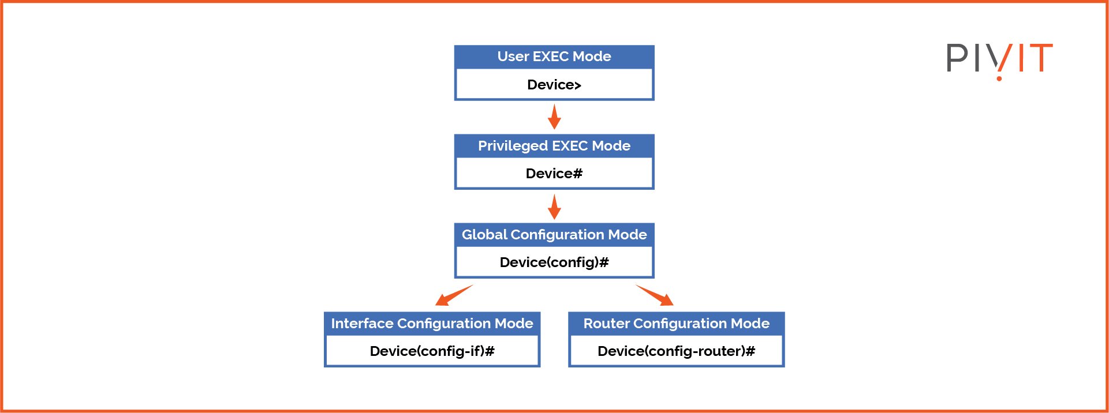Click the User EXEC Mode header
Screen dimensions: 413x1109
point(554,57)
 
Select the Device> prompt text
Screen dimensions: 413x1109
point(554,85)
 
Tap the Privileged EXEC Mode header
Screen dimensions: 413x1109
point(554,146)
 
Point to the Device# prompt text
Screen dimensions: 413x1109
point(554,174)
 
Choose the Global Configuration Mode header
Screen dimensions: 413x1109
point(554,235)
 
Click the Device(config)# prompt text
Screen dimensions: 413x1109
point(554,262)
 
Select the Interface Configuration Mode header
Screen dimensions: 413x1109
point(432,324)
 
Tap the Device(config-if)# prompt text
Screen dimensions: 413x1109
point(432,351)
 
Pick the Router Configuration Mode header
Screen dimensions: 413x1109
point(676,324)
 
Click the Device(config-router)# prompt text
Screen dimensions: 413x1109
point(676,351)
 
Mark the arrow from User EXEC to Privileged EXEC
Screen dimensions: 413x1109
point(554,117)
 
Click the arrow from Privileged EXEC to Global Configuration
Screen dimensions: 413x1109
point(554,206)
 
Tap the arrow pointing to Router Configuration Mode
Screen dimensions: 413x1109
point(655,295)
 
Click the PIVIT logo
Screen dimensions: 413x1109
point(999,58)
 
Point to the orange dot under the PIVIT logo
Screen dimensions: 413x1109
point(999,78)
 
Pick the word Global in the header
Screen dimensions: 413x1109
point(484,235)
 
